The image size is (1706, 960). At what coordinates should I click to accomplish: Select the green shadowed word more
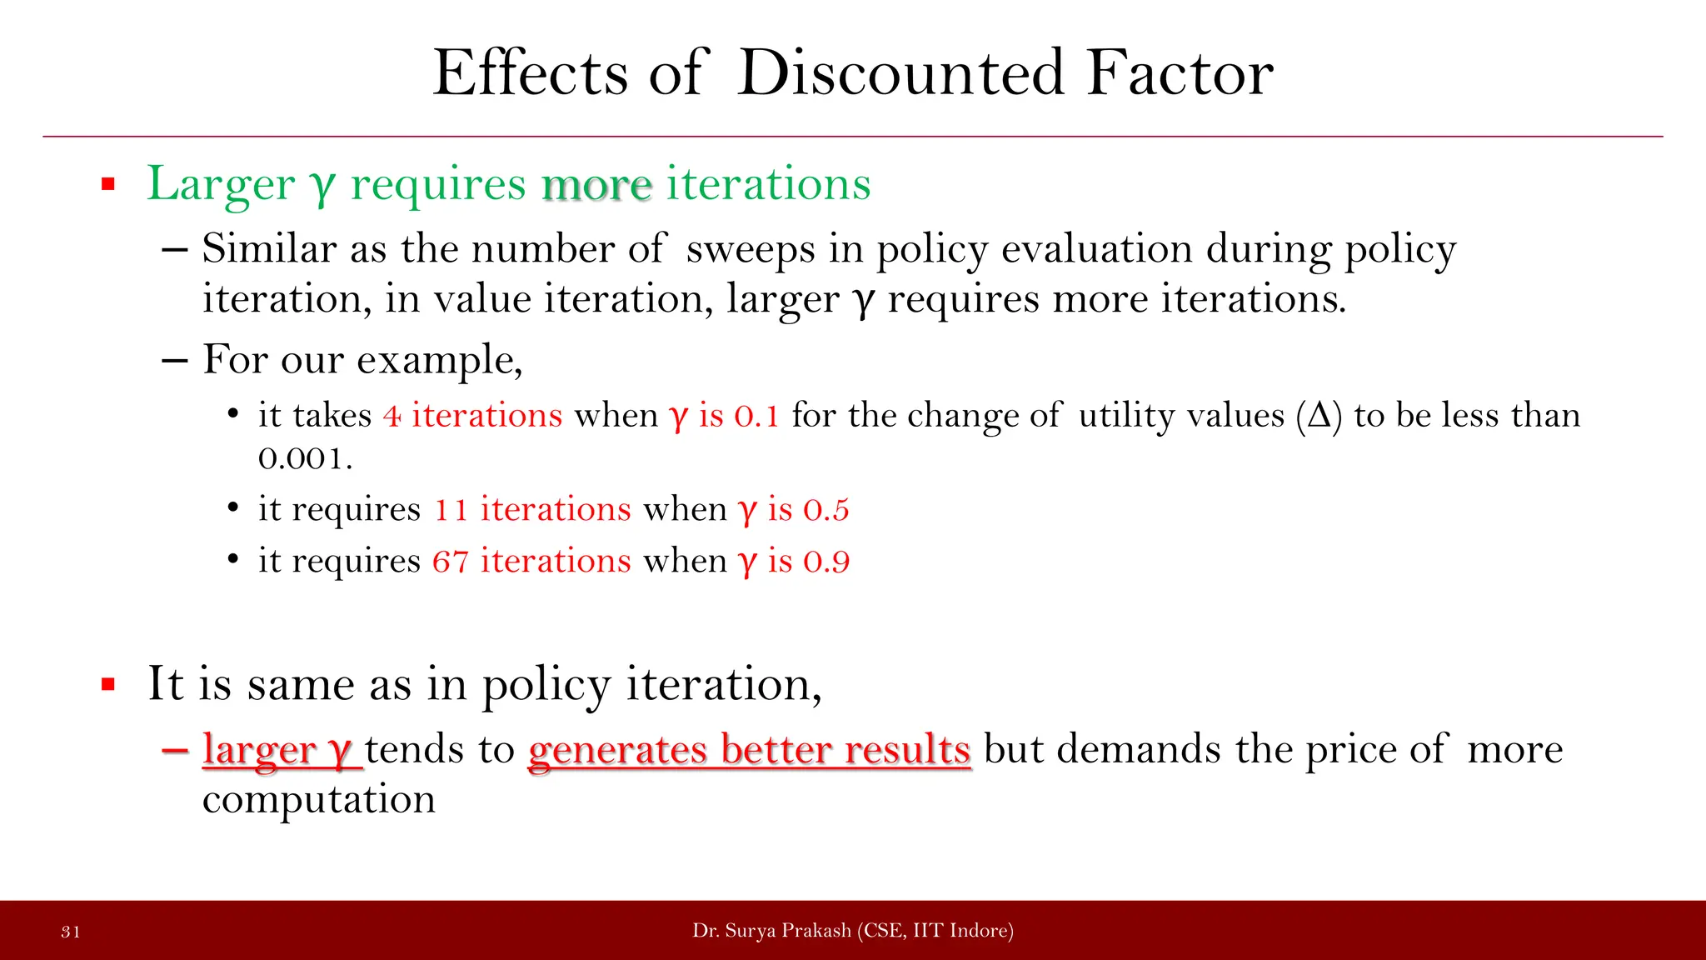pos(596,184)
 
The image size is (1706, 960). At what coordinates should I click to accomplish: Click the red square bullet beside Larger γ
pos(107,184)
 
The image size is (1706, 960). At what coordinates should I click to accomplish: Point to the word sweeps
pos(750,249)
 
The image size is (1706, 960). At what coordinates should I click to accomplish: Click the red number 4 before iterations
pos(392,416)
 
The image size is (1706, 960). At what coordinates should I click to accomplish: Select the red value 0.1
pos(756,416)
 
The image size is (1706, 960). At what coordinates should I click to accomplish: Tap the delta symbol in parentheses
pos(1319,415)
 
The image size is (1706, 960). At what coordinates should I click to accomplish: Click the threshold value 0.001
pos(304,458)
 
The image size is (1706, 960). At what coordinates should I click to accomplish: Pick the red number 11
pos(451,509)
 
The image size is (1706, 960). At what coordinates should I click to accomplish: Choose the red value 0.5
pos(826,509)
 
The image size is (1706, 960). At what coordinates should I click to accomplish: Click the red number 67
pos(450,561)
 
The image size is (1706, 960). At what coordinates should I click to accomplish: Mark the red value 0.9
pos(826,561)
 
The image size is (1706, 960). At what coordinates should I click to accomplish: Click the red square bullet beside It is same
pos(107,685)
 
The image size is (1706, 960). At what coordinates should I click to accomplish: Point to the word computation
pos(318,800)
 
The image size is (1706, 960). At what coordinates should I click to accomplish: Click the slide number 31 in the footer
pos(71,932)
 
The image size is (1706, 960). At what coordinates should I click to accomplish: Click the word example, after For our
pos(439,361)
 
